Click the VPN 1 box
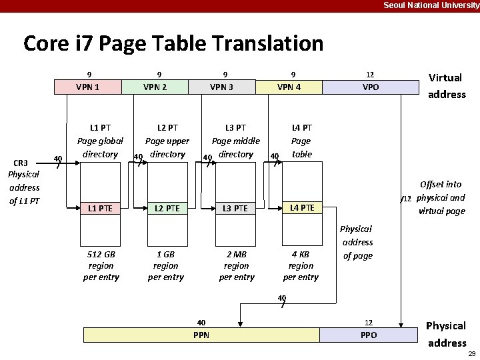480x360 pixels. (x=88, y=87)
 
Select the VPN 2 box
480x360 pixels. (x=155, y=87)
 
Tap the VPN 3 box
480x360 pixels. (x=222, y=87)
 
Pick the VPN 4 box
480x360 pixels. (x=289, y=87)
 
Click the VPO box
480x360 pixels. (x=370, y=87)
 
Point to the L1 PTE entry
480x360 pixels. (x=100, y=209)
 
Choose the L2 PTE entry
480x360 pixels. (x=165, y=209)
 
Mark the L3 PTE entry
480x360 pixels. (x=235, y=209)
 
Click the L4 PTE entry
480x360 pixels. (x=302, y=208)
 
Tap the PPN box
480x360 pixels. (x=201, y=335)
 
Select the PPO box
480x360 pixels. (x=368, y=335)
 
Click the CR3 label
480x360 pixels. (x=21, y=163)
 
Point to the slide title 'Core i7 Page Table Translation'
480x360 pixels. (x=173, y=44)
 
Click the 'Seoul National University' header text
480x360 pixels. (x=431, y=5)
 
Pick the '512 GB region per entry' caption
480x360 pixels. (x=101, y=265)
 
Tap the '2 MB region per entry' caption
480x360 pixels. (x=237, y=265)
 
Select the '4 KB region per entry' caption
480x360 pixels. (x=301, y=265)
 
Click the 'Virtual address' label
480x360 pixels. (x=447, y=86)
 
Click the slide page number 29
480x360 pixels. (x=471, y=353)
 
